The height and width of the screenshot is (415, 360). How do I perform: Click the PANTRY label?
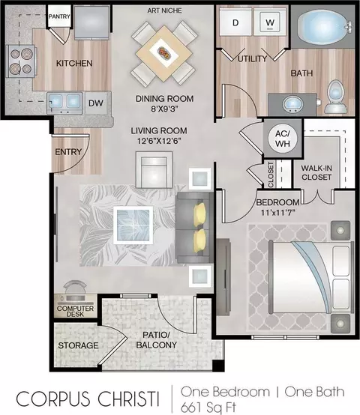[59, 16]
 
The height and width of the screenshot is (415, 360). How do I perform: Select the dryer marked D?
[235, 22]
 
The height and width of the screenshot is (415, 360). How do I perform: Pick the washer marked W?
[270, 22]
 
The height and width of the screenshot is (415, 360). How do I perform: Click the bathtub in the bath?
[323, 25]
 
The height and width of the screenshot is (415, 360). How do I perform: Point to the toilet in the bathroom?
[335, 97]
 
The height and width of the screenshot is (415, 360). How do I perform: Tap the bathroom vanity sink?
[292, 104]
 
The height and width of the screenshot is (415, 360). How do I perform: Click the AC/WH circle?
[283, 139]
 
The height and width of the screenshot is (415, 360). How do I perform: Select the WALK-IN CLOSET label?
[316, 172]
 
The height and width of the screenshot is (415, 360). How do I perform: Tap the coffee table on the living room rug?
[133, 225]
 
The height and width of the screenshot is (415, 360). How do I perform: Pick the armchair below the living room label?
[154, 169]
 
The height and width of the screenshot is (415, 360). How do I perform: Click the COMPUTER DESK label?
[75, 312]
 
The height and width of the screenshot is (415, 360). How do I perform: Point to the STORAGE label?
[78, 345]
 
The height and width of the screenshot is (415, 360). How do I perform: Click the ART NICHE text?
[164, 10]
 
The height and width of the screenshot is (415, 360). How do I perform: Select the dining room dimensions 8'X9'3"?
[164, 109]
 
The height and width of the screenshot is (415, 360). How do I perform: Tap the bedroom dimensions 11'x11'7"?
[278, 212]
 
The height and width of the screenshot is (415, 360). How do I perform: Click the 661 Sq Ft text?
[208, 408]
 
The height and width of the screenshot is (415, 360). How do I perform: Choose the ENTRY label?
[68, 152]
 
